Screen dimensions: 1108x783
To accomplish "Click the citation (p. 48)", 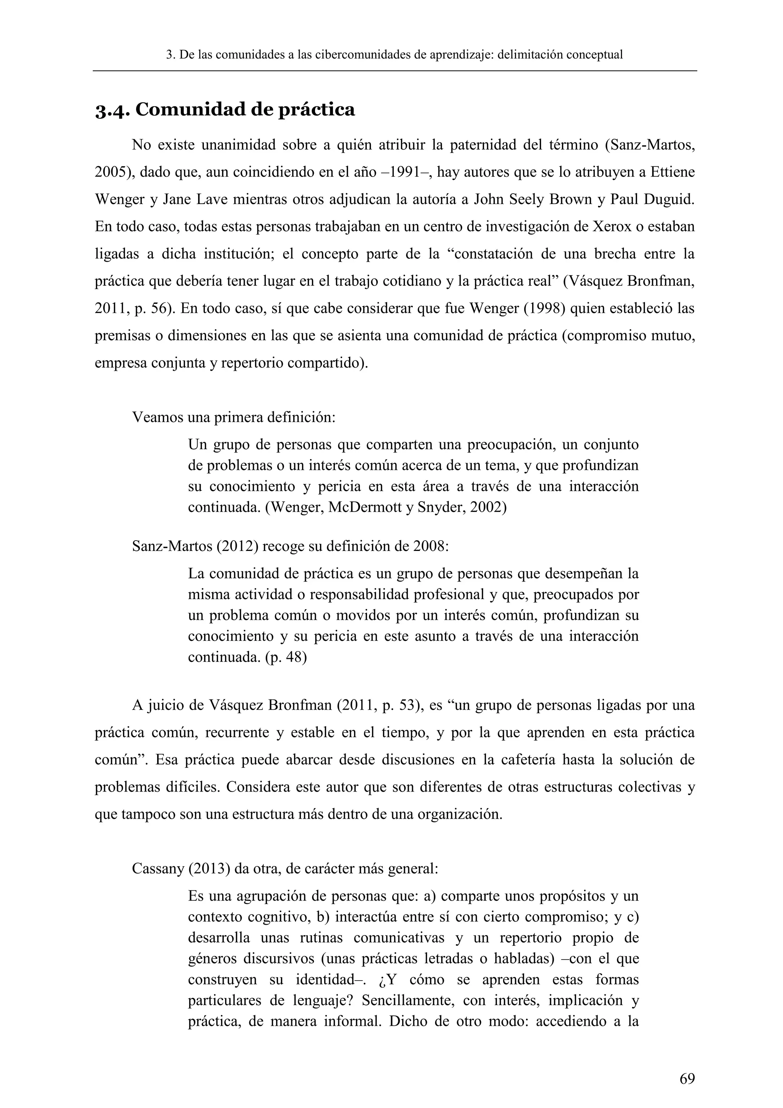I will click(286, 657).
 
